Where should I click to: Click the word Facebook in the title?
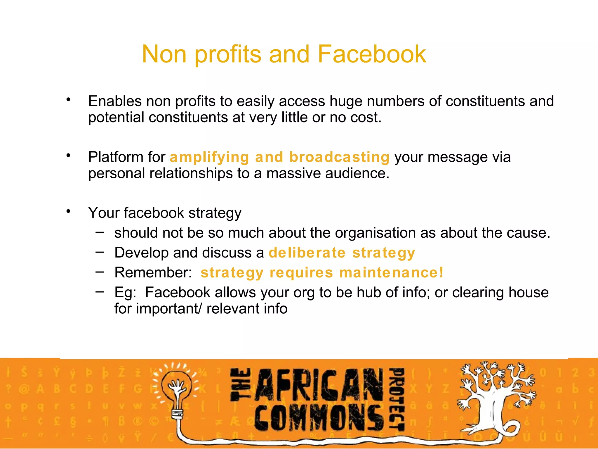[x=372, y=54]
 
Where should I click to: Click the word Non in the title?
[x=164, y=54]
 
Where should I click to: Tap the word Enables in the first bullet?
[x=115, y=101]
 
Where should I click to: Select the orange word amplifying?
[x=209, y=157]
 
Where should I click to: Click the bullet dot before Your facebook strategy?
[x=68, y=211]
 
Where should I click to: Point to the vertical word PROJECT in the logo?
[x=397, y=399]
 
